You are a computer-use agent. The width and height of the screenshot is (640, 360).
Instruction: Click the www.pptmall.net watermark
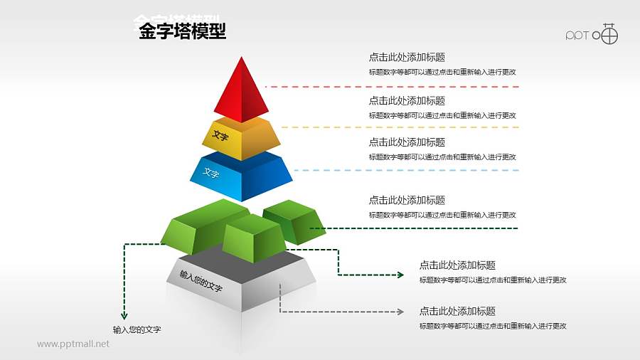pos(73,344)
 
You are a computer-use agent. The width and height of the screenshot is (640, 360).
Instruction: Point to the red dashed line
pos(391,87)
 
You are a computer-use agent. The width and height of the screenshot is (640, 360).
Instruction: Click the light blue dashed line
pos(405,170)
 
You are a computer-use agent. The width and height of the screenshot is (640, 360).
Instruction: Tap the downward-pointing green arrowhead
pos(124,315)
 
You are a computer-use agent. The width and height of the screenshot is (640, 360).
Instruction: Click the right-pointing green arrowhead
pos(400,275)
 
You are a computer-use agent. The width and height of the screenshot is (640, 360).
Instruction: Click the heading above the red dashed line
pos(407,58)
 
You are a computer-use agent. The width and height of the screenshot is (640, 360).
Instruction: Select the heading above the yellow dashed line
pos(407,101)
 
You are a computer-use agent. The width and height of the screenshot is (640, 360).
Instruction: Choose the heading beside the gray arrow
pos(457,312)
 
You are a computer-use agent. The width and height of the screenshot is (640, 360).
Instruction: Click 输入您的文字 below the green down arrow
pos(137,329)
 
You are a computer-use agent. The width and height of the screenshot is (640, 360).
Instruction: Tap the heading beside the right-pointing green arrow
pos(457,265)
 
